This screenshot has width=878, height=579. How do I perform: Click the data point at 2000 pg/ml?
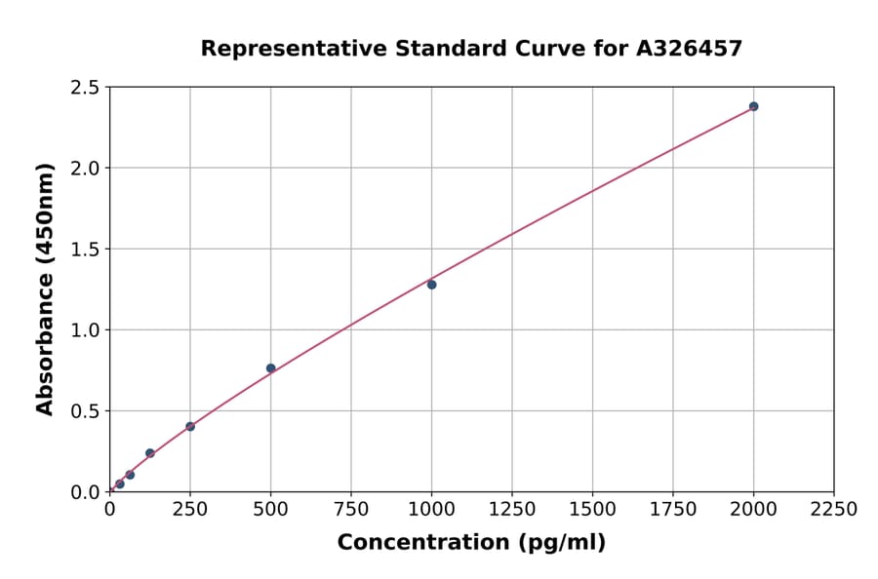point(754,106)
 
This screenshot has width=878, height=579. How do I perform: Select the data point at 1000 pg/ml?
point(431,285)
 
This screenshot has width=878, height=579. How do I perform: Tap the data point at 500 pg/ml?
point(270,368)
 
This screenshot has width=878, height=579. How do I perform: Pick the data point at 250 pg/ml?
point(190,426)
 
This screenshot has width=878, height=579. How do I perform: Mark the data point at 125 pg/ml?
point(150,453)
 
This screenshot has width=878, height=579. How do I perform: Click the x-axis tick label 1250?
point(512,509)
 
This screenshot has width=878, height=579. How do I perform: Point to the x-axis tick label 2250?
point(834,509)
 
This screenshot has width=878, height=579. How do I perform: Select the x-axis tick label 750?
point(351,509)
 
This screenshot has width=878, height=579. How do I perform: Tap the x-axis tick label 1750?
point(673,509)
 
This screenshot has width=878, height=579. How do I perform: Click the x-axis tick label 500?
point(270,509)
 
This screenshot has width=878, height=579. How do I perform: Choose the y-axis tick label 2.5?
point(85,88)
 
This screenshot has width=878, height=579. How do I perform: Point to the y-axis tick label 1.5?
point(85,250)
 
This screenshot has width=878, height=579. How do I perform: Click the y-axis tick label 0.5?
point(85,411)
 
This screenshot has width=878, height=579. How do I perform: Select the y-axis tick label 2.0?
point(85,169)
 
